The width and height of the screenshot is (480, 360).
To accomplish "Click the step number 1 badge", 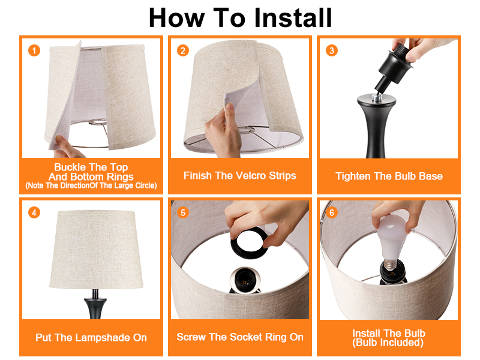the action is point(34,50).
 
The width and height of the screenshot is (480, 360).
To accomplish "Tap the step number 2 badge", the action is point(183,50).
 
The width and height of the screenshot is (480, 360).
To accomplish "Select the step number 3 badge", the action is point(332,50).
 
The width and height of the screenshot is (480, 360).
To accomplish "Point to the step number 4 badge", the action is point(34,212).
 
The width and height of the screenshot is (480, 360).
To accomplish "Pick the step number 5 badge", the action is point(183,212).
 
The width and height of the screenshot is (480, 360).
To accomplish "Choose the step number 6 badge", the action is point(332,212).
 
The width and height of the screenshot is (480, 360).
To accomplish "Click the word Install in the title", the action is point(293,18).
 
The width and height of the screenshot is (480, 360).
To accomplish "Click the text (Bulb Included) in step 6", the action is point(388,343).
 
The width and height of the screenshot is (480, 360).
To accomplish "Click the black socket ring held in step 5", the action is point(248,244).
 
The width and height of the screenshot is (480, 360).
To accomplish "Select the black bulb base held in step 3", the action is point(393,68).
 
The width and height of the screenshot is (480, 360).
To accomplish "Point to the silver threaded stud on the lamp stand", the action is point(376,98).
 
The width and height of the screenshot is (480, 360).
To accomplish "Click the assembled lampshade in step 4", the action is point(96,249).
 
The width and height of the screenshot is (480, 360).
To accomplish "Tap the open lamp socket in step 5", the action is point(244,280).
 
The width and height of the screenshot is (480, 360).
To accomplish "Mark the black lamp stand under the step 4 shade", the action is point(95,304).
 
